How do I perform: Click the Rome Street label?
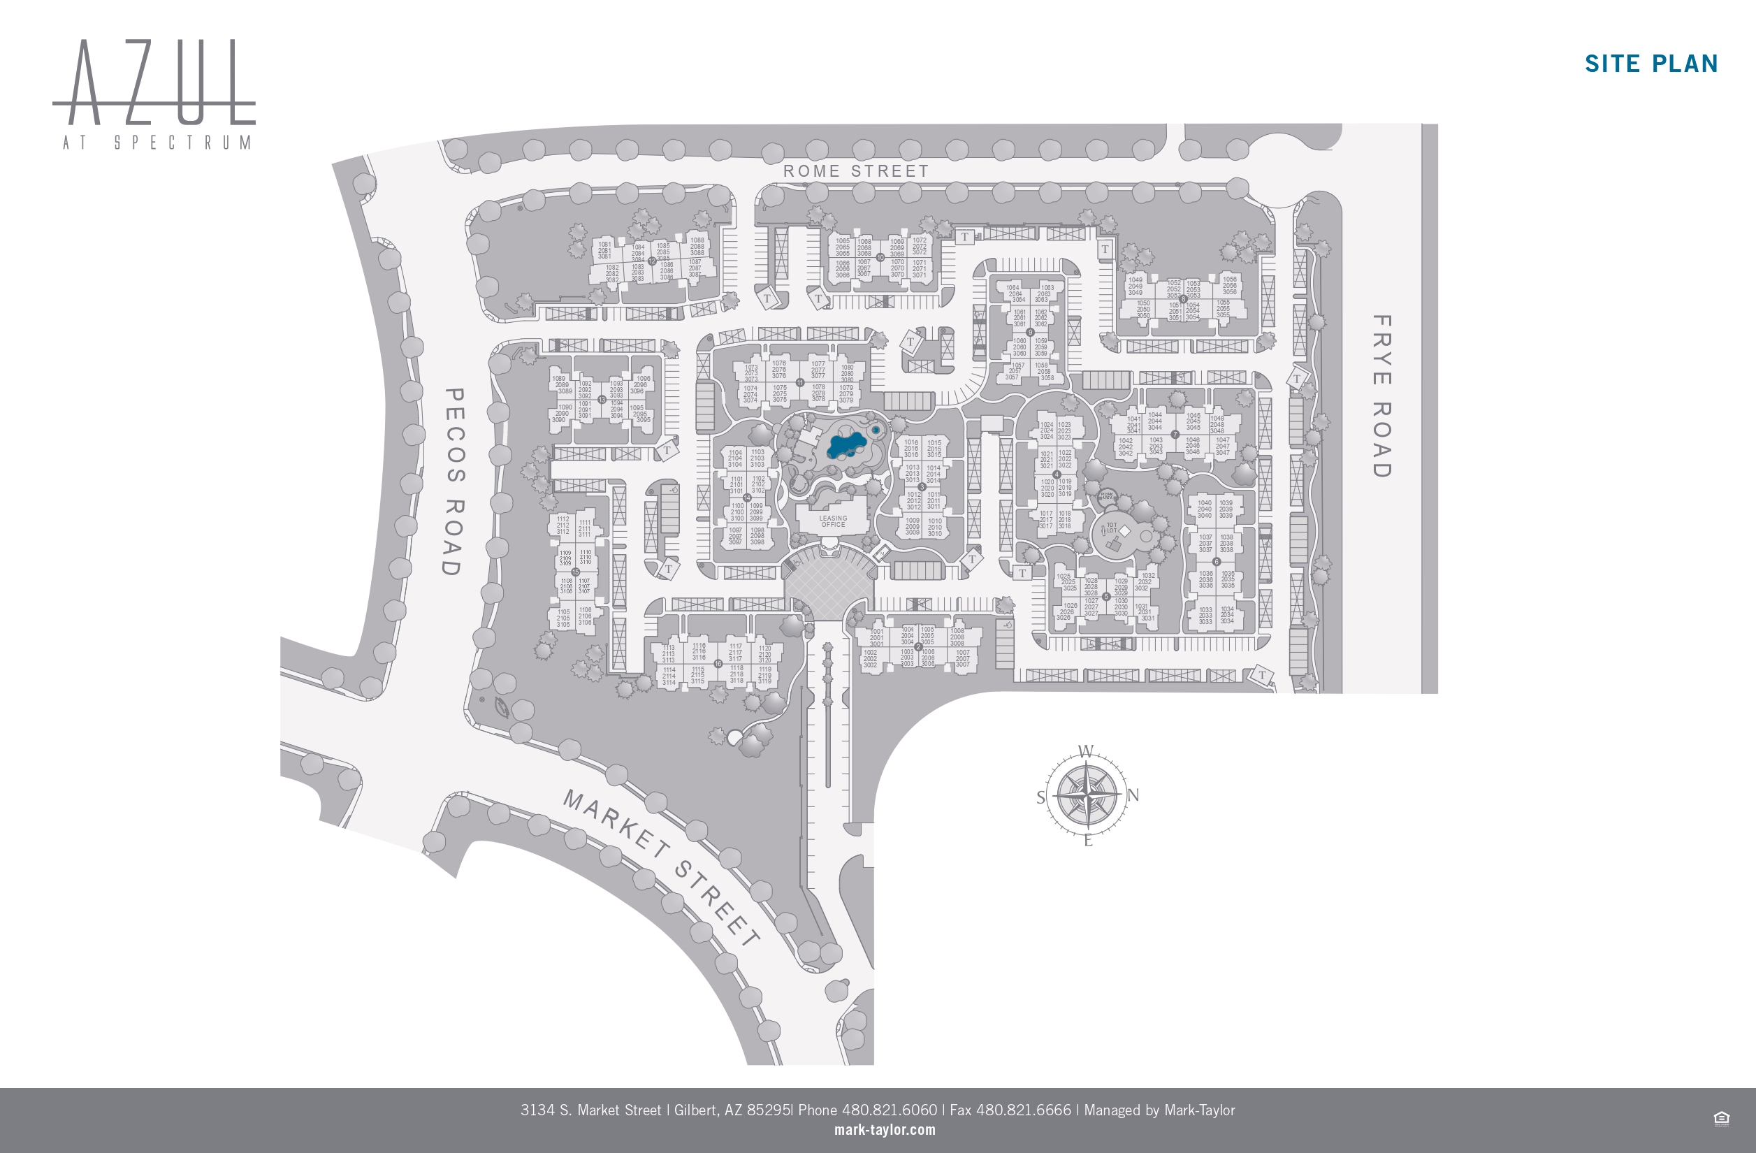click(x=856, y=171)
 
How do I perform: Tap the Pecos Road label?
click(x=453, y=481)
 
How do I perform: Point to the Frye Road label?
click(x=1381, y=396)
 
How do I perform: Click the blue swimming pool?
click(x=846, y=445)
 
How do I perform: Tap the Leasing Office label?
click(x=833, y=521)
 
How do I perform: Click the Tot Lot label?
click(x=1111, y=528)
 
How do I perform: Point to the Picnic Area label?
click(x=1107, y=496)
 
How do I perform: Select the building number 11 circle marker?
click(x=799, y=382)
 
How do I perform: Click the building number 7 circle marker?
click(x=1175, y=435)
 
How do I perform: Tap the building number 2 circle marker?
click(x=919, y=646)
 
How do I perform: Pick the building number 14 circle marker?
click(x=747, y=498)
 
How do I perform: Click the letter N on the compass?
click(x=1133, y=795)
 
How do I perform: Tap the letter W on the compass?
click(x=1086, y=752)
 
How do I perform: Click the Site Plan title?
click(x=1651, y=64)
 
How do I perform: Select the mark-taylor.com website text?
click(x=885, y=1129)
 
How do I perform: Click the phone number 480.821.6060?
click(x=889, y=1110)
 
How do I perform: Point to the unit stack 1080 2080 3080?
click(x=847, y=373)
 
